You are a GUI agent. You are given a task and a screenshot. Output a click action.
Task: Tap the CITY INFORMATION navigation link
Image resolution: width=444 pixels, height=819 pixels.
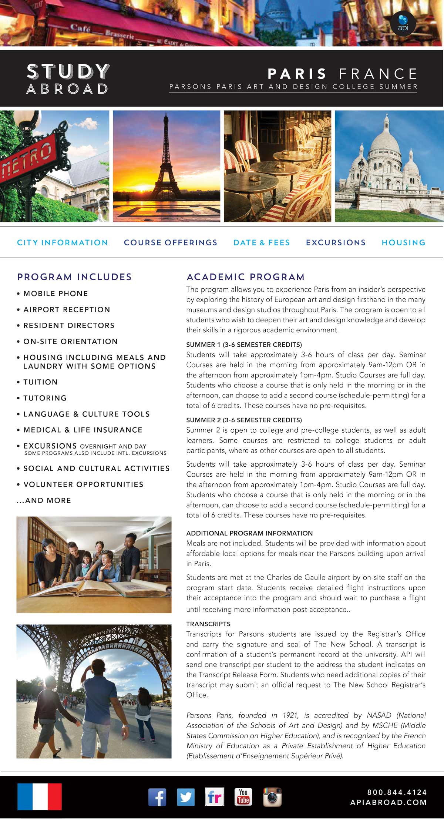[x=63, y=242]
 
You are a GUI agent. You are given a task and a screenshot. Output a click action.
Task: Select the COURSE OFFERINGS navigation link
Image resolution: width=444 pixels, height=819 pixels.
[x=171, y=242]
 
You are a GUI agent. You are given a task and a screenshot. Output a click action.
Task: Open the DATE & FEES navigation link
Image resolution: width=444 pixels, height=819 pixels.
[x=262, y=242]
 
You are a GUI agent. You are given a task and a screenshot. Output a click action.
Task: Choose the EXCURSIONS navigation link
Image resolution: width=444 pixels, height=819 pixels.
[x=336, y=242]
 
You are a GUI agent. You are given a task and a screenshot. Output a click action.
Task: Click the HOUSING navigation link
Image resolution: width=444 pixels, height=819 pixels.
[x=403, y=242]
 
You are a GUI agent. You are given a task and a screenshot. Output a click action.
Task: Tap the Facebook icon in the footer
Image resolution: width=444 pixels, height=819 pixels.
[x=157, y=797]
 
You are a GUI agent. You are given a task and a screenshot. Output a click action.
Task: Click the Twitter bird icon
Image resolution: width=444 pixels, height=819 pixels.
[x=186, y=797]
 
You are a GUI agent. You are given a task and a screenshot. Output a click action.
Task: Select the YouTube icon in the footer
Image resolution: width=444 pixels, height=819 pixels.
[x=243, y=797]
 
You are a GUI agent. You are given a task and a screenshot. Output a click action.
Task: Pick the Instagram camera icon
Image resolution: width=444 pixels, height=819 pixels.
[x=272, y=797]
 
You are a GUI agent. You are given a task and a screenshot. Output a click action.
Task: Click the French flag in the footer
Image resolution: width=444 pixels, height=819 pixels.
[x=40, y=796]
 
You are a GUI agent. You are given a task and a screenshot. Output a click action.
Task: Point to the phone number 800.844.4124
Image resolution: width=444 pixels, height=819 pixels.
[x=397, y=792]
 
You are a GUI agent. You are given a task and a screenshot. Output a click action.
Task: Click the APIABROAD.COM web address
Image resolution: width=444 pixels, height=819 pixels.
[x=388, y=802]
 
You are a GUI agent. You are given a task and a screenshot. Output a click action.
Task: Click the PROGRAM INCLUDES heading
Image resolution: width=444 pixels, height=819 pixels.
[x=74, y=277]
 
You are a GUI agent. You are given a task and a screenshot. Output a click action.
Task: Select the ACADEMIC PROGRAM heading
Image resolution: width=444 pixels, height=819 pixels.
[x=245, y=277]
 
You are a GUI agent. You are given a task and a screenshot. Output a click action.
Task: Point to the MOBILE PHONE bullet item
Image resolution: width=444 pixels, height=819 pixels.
[x=55, y=293]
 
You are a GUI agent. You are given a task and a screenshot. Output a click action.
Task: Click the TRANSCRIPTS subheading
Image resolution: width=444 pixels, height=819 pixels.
[x=208, y=624]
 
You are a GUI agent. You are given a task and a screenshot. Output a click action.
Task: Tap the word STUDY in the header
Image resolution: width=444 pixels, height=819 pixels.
[x=68, y=71]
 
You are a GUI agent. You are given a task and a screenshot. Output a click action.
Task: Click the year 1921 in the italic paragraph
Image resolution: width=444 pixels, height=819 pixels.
[x=290, y=715]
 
